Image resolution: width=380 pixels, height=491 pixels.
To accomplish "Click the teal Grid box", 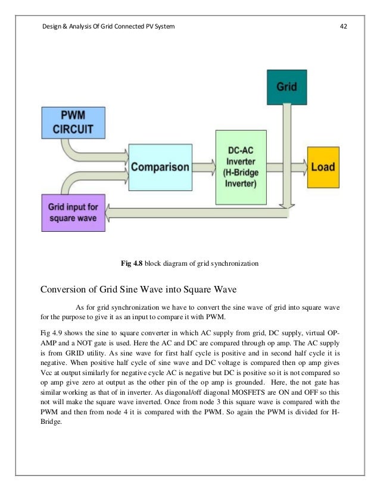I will (x=286, y=86).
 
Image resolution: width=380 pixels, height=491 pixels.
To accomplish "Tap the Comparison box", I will (x=160, y=166).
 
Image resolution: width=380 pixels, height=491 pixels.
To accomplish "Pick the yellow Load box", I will (x=323, y=166).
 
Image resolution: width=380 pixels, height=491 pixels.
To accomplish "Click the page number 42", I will (x=343, y=26).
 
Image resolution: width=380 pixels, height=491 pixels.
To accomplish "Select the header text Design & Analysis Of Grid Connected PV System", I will (x=107, y=26).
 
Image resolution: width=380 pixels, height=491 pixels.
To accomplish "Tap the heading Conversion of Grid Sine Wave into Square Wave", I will (x=138, y=290).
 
